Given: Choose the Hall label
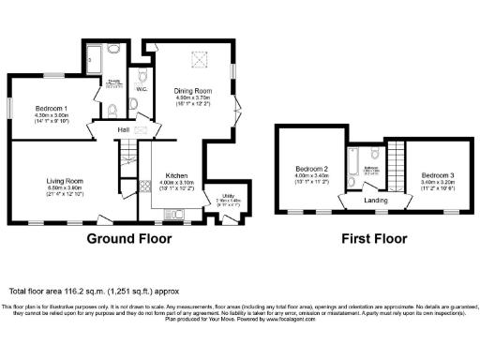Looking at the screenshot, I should [x=123, y=129].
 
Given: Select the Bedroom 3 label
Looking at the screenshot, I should [x=438, y=175].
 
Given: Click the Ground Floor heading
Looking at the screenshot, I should [x=129, y=238].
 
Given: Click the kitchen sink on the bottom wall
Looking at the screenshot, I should [x=181, y=217].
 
